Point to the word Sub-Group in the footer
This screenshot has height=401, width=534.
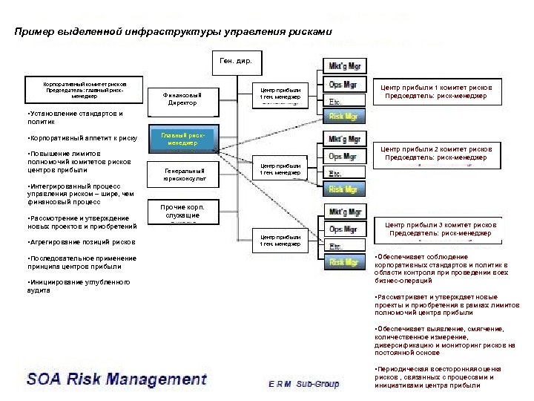pos(317,384)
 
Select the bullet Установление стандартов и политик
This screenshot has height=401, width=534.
pos(73,118)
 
